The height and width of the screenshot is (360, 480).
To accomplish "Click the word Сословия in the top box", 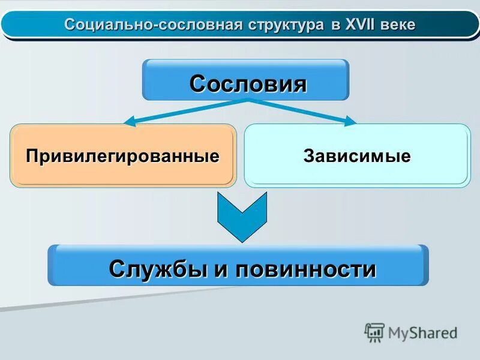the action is pos(248,83).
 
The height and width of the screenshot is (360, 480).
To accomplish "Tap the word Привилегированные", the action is pos(122,156).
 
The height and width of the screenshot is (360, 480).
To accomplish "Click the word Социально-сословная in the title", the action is pos(153,25).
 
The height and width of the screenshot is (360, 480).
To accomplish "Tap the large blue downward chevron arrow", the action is pos(242,217).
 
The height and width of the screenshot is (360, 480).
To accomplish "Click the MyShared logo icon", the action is pos(374,332).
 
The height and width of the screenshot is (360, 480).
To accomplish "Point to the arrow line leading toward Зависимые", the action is pos(300,110).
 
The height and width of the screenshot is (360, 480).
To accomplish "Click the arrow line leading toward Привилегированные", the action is pos(186,111).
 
